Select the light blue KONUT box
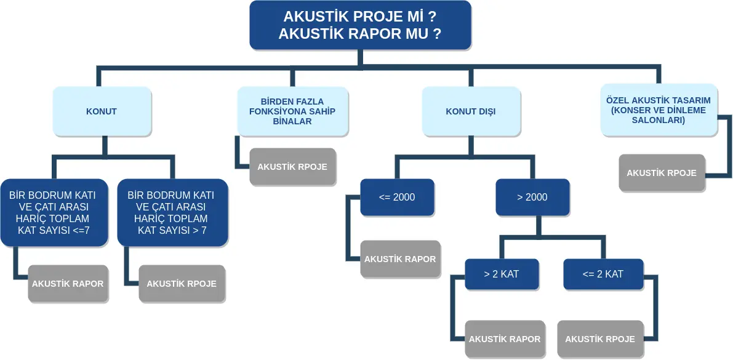(102, 111)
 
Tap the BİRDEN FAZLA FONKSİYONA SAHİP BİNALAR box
(292, 111)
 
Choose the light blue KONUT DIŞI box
(471, 111)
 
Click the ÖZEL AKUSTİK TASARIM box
(659, 110)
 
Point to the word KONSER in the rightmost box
(636, 111)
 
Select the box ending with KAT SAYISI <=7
(54, 213)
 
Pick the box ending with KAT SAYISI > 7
(172, 213)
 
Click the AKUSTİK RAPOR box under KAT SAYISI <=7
(68, 284)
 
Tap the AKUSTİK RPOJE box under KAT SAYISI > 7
(182, 284)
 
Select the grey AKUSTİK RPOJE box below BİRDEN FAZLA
(292, 167)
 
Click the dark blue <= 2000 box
(397, 198)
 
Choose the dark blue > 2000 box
(532, 198)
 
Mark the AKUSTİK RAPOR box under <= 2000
(400, 259)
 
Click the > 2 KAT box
(502, 274)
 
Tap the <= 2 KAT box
(603, 274)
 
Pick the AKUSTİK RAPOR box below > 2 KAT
(505, 339)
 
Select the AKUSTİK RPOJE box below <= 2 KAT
(600, 339)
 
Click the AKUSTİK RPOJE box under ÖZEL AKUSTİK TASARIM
(662, 173)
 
